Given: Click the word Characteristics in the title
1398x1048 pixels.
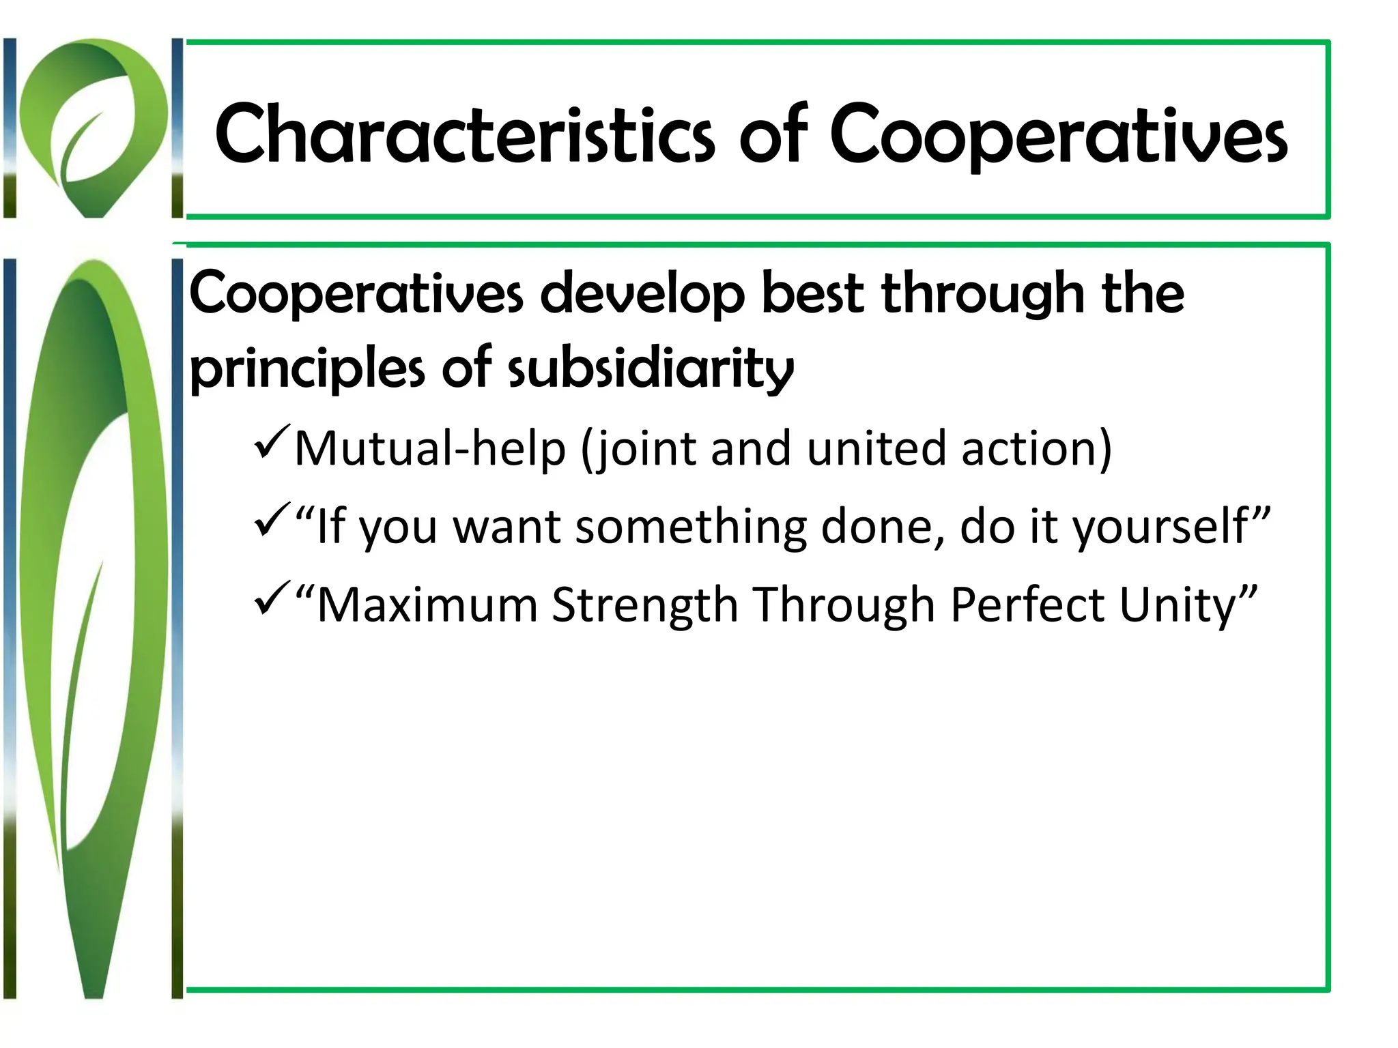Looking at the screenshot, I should pos(464,134).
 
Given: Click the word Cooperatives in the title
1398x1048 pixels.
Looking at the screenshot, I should pos(1058,134).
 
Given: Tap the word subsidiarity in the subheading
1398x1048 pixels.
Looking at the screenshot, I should pos(651,368).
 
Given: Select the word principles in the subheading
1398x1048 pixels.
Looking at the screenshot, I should pos(307,368).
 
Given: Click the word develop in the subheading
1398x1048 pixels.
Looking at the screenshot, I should pos(642,293).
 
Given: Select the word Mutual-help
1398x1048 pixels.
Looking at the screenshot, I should pos(430,449).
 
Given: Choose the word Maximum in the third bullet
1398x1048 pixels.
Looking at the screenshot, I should pos(427,605).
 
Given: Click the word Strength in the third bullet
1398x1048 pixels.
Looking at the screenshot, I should pos(644,605).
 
